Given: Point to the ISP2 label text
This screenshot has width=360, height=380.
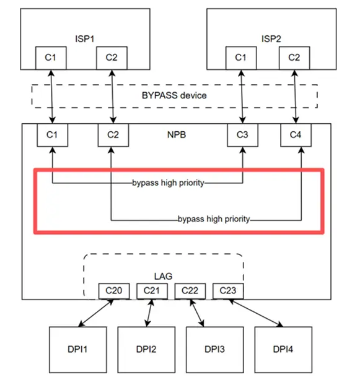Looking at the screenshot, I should pyautogui.click(x=270, y=38).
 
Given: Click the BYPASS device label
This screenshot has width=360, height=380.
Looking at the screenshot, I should pyautogui.click(x=174, y=96).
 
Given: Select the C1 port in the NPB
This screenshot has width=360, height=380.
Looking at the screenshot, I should pyautogui.click(x=51, y=134).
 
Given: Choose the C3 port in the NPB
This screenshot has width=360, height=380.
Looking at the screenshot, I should pyautogui.click(x=242, y=134).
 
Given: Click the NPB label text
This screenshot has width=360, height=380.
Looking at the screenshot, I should pyautogui.click(x=175, y=134).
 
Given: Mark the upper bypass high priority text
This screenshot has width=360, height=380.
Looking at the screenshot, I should pyautogui.click(x=168, y=184).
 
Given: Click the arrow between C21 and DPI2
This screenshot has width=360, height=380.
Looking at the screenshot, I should pyautogui.click(x=149, y=313).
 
